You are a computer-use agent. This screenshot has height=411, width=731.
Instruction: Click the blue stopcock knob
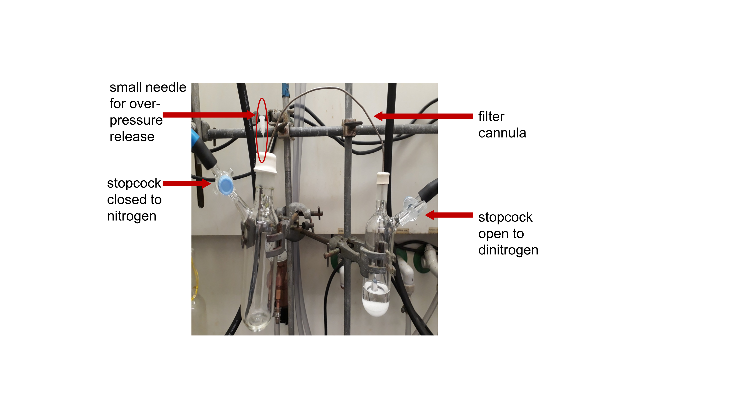[226, 186]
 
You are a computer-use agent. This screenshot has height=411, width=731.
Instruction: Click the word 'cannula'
[502, 133]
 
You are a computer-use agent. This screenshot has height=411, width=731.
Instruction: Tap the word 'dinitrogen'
[508, 250]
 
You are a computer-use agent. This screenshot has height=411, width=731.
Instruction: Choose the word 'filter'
[491, 117]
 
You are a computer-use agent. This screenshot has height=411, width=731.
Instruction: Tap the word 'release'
[132, 137]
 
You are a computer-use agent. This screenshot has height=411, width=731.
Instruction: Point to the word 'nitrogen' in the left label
[132, 216]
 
